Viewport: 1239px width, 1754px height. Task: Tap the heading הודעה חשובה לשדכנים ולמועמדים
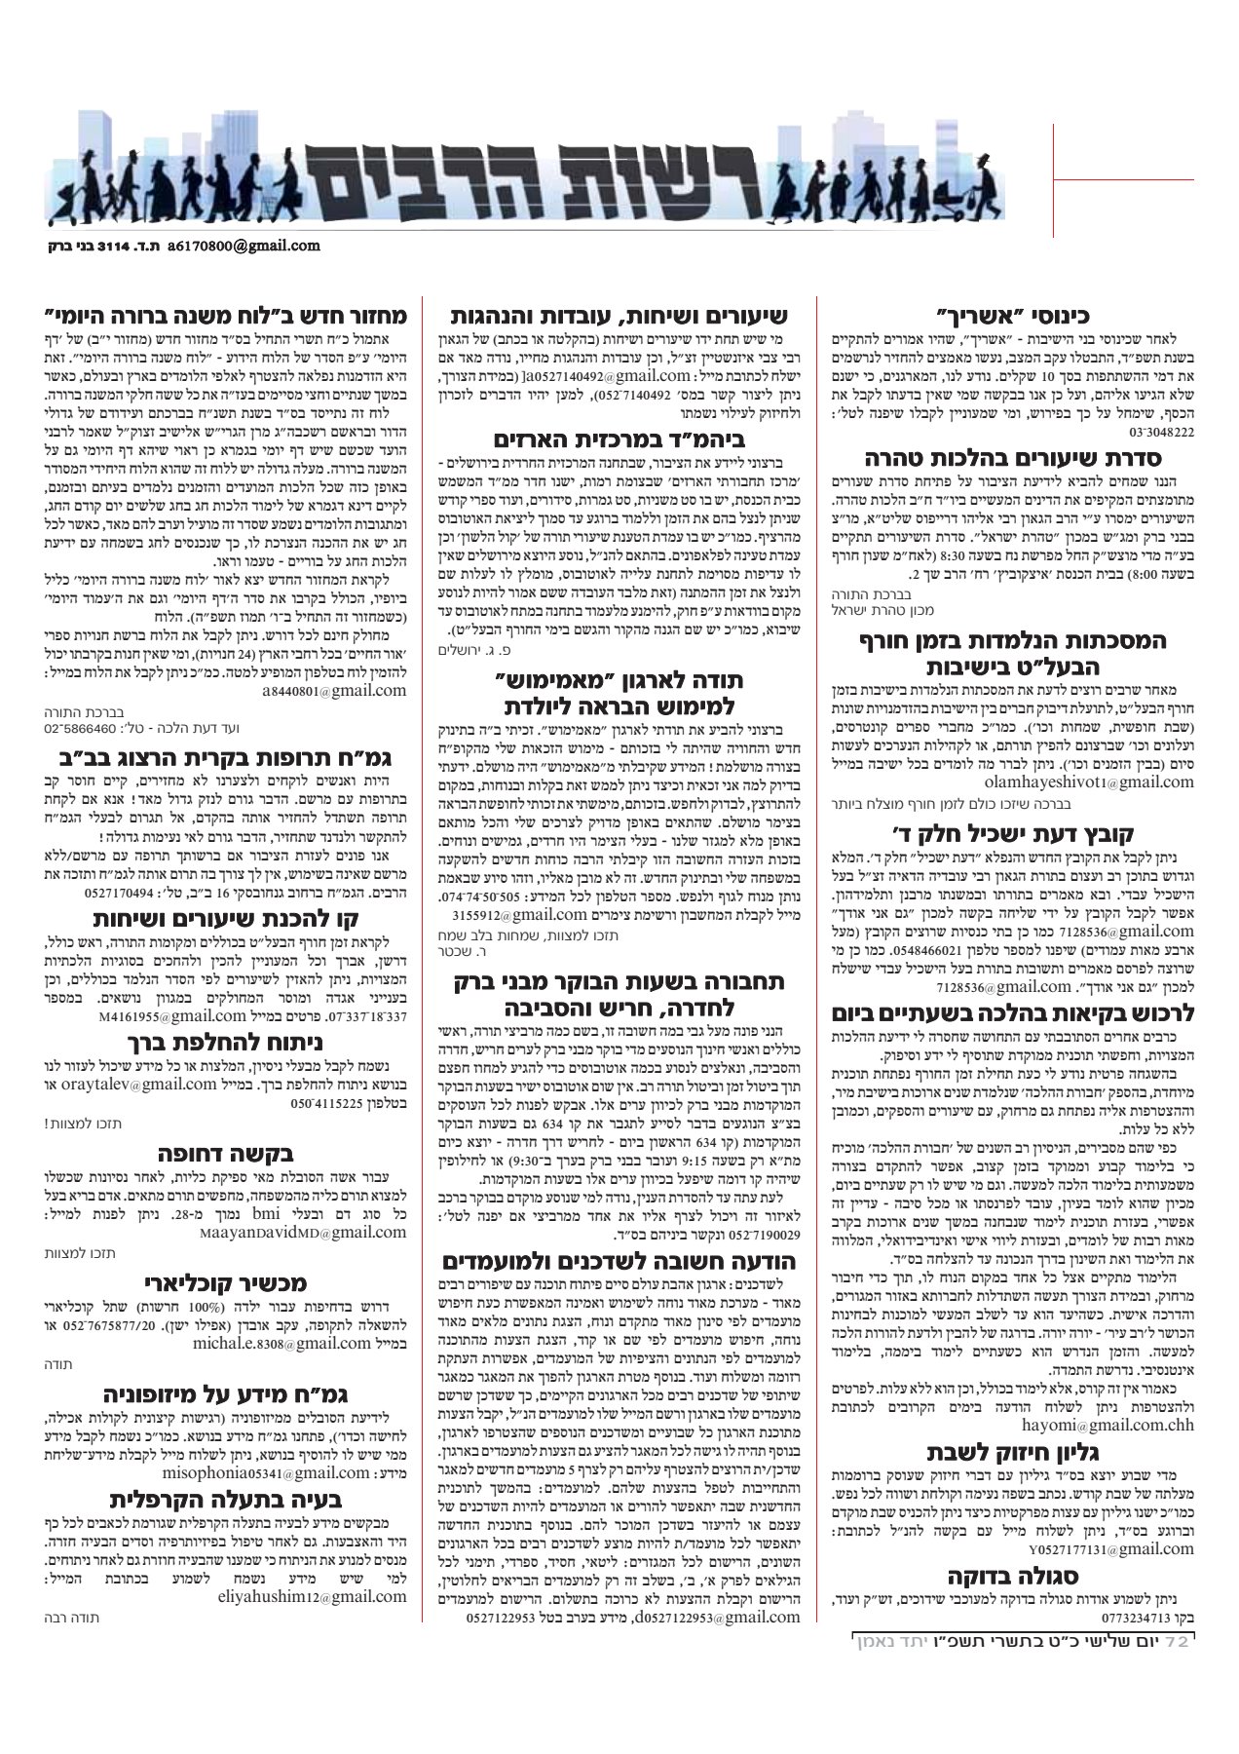(x=619, y=1263)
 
